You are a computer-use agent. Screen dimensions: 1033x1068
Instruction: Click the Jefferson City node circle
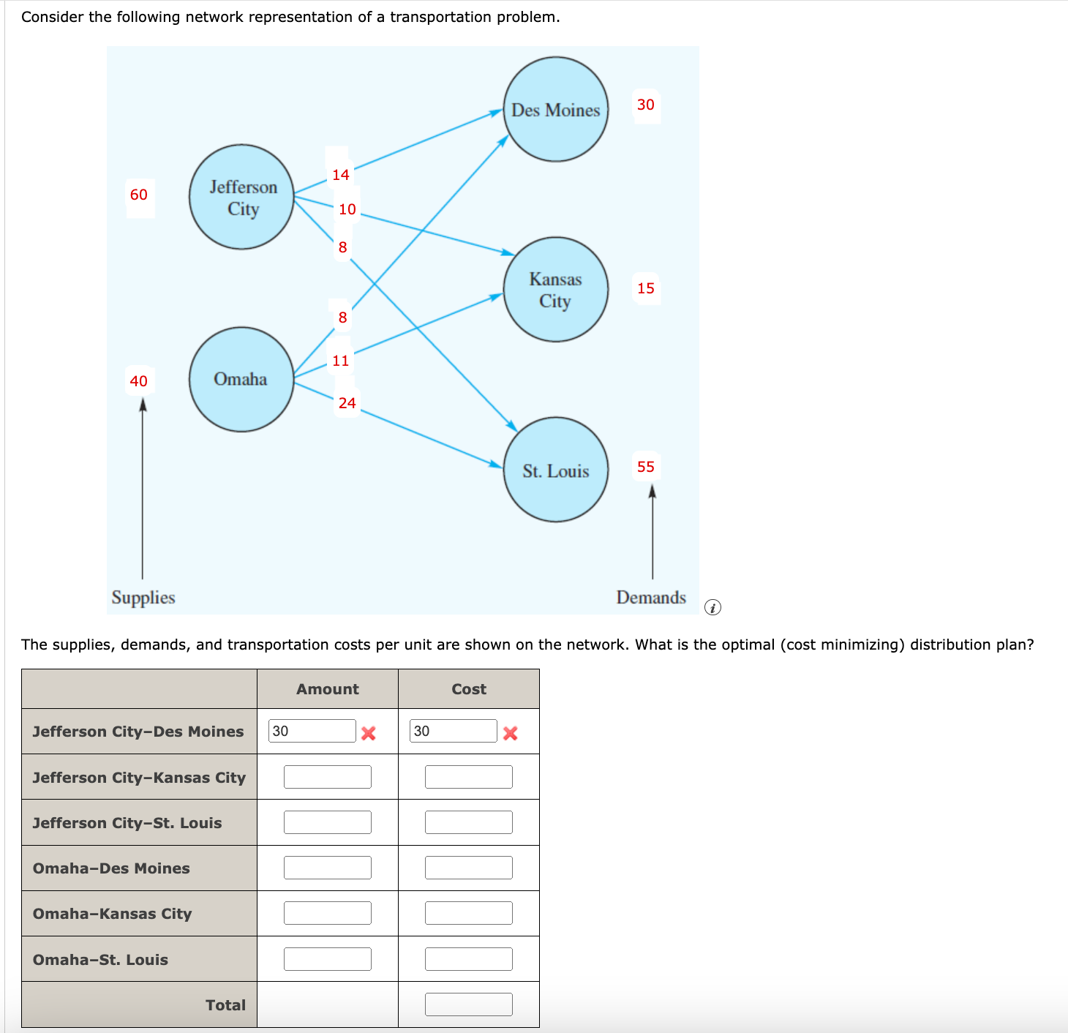(241, 197)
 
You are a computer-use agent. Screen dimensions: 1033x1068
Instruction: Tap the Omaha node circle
(241, 379)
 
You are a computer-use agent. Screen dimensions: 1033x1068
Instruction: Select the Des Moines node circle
(556, 109)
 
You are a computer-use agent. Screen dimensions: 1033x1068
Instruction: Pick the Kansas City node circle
(556, 290)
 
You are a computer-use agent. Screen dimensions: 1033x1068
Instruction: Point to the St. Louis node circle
(556, 470)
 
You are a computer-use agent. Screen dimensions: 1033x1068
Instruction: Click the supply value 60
(139, 195)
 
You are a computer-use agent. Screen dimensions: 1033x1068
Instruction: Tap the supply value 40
(139, 381)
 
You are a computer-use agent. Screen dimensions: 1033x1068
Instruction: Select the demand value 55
(646, 467)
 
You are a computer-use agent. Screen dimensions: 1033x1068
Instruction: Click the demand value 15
(646, 288)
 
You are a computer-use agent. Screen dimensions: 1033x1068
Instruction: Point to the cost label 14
(341, 175)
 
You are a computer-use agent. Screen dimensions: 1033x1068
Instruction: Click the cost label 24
(347, 403)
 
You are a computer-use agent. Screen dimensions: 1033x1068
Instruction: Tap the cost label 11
(341, 361)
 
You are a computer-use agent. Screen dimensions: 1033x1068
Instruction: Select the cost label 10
(347, 209)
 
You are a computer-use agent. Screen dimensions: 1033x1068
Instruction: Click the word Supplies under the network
(143, 598)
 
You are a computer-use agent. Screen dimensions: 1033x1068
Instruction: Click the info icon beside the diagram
(712, 607)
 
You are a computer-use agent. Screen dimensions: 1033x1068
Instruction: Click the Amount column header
(328, 689)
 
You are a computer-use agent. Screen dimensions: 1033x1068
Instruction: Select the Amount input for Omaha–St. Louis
(328, 959)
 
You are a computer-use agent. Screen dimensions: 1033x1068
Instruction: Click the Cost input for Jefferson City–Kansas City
(469, 777)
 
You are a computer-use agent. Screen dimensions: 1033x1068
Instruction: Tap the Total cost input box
(469, 1004)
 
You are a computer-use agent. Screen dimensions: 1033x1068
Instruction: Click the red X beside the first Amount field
(369, 733)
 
